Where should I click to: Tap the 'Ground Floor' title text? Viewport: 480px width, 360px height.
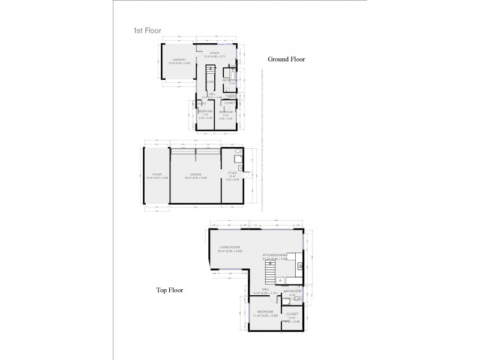tap(287, 59)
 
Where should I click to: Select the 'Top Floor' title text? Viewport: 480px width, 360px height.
tap(170, 290)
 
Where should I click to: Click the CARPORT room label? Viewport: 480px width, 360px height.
tap(178, 60)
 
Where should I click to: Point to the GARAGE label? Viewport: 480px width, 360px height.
tap(195, 175)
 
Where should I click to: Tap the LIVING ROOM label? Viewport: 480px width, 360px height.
tap(230, 247)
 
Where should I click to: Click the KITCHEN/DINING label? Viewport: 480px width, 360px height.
tap(275, 256)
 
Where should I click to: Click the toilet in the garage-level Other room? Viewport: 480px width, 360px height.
tap(238, 151)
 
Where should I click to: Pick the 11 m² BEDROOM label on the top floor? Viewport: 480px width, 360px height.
tap(265, 313)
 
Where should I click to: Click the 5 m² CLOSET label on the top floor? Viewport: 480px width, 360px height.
tap(293, 314)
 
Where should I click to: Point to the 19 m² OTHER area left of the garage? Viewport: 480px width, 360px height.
tap(157, 175)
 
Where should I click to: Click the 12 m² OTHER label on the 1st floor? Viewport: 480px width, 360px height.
tap(206, 54)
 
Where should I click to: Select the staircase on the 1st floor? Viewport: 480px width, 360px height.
tap(211, 75)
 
